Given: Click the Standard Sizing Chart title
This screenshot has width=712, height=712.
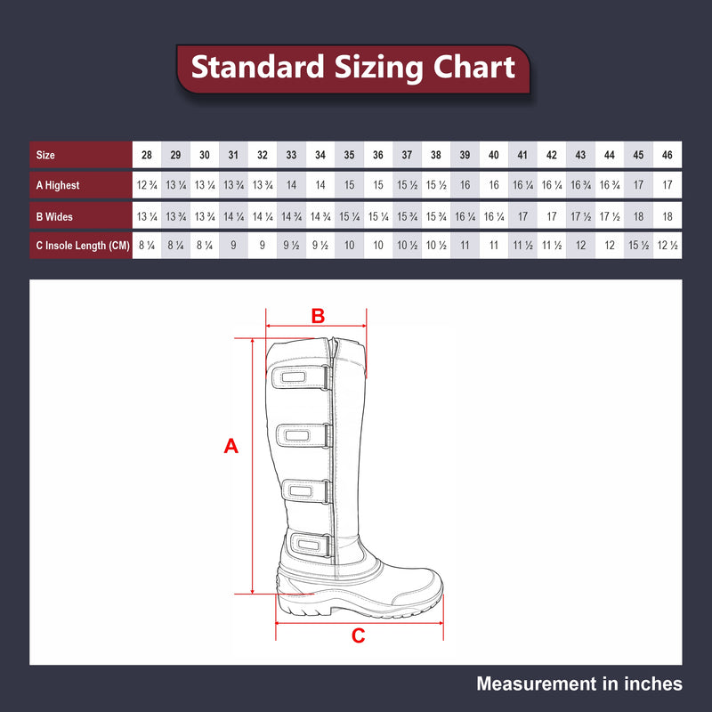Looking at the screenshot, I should [353, 67].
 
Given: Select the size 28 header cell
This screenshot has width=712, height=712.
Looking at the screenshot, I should [147, 155].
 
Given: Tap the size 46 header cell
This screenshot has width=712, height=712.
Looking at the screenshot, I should [667, 155].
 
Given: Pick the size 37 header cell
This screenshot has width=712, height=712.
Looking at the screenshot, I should [407, 155].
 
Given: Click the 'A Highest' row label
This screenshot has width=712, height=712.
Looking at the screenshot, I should [58, 185].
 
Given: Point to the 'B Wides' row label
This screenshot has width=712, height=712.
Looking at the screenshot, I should [53, 216].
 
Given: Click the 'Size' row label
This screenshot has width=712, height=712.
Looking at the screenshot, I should [45, 155].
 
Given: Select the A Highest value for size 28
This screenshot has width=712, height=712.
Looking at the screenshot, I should [147, 185].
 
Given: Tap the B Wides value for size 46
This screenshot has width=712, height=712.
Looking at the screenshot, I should [667, 216].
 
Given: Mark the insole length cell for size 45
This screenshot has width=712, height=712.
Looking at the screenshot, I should [638, 247].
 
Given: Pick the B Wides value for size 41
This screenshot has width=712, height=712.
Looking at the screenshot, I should [522, 216].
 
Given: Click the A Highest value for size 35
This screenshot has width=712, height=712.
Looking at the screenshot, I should [349, 185].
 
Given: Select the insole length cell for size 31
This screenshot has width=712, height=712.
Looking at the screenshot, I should [233, 247].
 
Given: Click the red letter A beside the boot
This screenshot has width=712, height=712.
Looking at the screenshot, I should [231, 447].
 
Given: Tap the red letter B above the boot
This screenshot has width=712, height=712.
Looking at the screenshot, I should [318, 315].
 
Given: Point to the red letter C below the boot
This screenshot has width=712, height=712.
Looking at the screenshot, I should [358, 635].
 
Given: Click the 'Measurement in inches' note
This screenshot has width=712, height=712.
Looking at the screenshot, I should [579, 684].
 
